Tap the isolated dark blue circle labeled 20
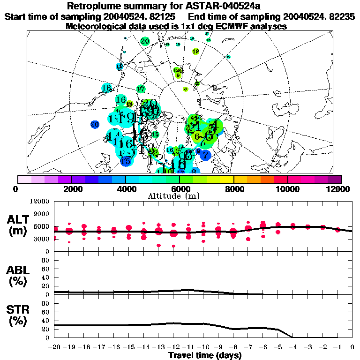pyautogui.click(x=95, y=124)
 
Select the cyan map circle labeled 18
pyautogui.click(x=106, y=88)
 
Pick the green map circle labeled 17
pyautogui.click(x=141, y=89)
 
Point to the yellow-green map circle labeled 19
pyautogui.click(x=195, y=52)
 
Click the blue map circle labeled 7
pyautogui.click(x=206, y=154)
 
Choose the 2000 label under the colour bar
pyautogui.click(x=71, y=189)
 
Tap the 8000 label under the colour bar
pyautogui.click(x=234, y=189)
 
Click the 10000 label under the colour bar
pyautogui.click(x=288, y=189)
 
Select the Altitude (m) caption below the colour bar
pyautogui.click(x=180, y=196)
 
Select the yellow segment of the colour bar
pyautogui.click(x=227, y=179)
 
